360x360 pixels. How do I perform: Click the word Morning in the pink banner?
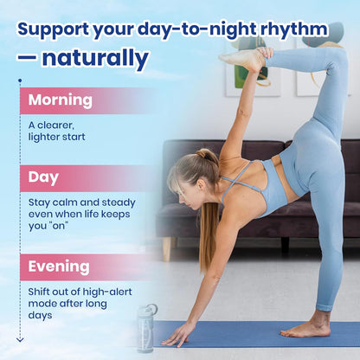tap(60, 100)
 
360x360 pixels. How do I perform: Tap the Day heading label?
tap(44, 177)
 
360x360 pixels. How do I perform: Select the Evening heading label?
tap(58, 266)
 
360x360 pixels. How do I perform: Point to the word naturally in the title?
tap(95, 59)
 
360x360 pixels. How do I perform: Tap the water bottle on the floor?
tap(146, 328)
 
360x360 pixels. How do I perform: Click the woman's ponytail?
tap(209, 216)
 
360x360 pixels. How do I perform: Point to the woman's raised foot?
tap(245, 59)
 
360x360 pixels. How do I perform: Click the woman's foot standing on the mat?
tap(307, 329)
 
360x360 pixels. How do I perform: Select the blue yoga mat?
tap(260, 335)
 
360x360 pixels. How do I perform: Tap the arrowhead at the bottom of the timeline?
tap(20, 339)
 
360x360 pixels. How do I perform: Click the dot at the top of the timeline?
tap(20, 81)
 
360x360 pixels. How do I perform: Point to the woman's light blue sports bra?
tap(260, 186)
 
